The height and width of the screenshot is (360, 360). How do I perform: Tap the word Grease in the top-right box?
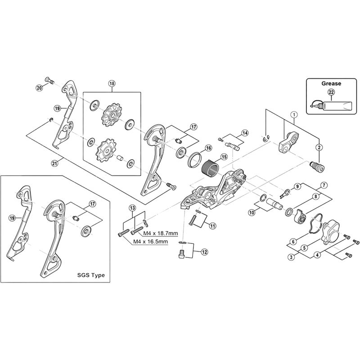click(x=331, y=83)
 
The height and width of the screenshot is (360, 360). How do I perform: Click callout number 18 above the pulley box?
click(x=112, y=83)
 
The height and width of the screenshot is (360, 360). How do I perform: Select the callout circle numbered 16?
click(x=208, y=148)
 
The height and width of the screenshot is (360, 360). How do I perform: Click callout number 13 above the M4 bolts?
click(x=132, y=207)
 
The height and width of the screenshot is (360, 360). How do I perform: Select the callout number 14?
click(x=244, y=133)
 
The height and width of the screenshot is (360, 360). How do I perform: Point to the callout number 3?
click(x=291, y=256)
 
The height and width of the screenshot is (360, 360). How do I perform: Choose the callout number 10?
click(x=251, y=211)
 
